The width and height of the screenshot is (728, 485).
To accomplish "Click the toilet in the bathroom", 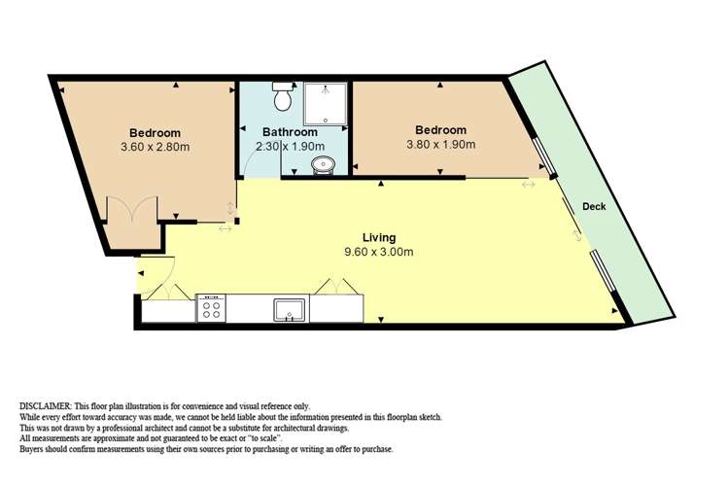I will click(x=283, y=98).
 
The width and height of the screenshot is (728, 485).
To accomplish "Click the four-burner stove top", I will click(x=211, y=309).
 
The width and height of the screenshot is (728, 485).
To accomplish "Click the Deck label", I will click(x=595, y=207).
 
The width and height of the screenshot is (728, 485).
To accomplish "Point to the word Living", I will click(x=379, y=237).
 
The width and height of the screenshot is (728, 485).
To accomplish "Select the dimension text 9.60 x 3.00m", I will click(x=379, y=252).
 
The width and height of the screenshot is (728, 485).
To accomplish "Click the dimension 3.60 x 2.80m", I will click(x=156, y=148).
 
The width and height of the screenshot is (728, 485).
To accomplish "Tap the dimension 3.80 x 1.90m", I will click(x=440, y=145).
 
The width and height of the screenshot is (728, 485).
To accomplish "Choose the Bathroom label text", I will click(x=290, y=132).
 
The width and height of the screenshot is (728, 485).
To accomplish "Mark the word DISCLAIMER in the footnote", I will click(x=51, y=405).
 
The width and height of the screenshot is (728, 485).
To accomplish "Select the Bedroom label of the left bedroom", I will click(x=156, y=133).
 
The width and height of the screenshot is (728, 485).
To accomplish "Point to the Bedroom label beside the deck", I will click(x=440, y=130).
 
